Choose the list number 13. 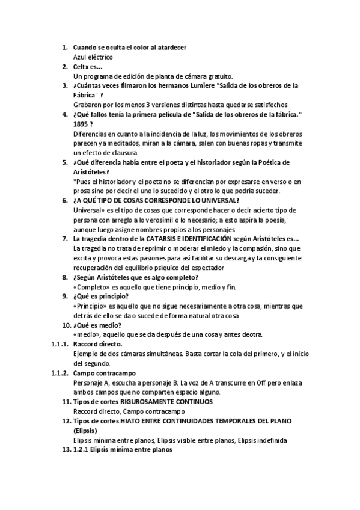pos(67,450)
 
